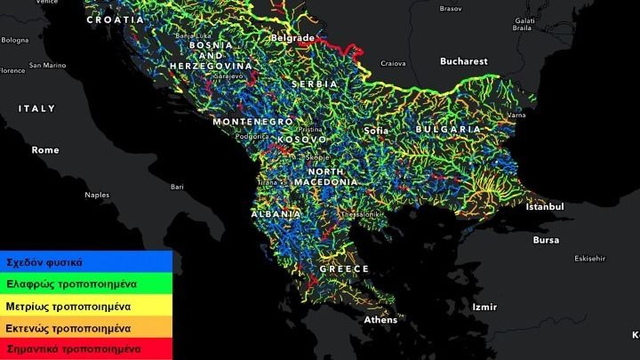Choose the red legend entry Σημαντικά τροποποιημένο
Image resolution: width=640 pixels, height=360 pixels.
tap(73, 349)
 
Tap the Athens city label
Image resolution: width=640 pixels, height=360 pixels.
tap(380, 320)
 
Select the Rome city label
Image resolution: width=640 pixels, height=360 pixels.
tap(44, 150)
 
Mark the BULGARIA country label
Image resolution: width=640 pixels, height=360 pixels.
tap(447, 129)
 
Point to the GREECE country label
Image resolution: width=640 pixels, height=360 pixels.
tap(344, 268)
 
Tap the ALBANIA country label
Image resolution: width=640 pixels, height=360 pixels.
tap(275, 215)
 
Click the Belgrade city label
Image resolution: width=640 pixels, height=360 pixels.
tap(292, 39)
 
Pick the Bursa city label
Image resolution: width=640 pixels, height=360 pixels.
tap(546, 240)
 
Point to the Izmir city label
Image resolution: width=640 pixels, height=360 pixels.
tap(484, 307)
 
